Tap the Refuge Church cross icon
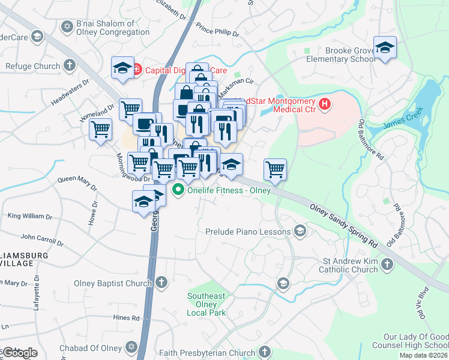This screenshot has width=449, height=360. [x=70, y=65]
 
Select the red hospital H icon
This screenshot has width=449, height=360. [x=325, y=104]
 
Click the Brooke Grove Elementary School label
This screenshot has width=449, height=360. [x=341, y=55]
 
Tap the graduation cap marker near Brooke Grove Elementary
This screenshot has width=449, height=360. [x=384, y=47]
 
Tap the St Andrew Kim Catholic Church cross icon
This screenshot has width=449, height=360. [x=388, y=264]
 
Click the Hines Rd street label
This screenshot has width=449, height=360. [x=126, y=317]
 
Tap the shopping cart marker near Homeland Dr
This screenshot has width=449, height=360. [x=100, y=128]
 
